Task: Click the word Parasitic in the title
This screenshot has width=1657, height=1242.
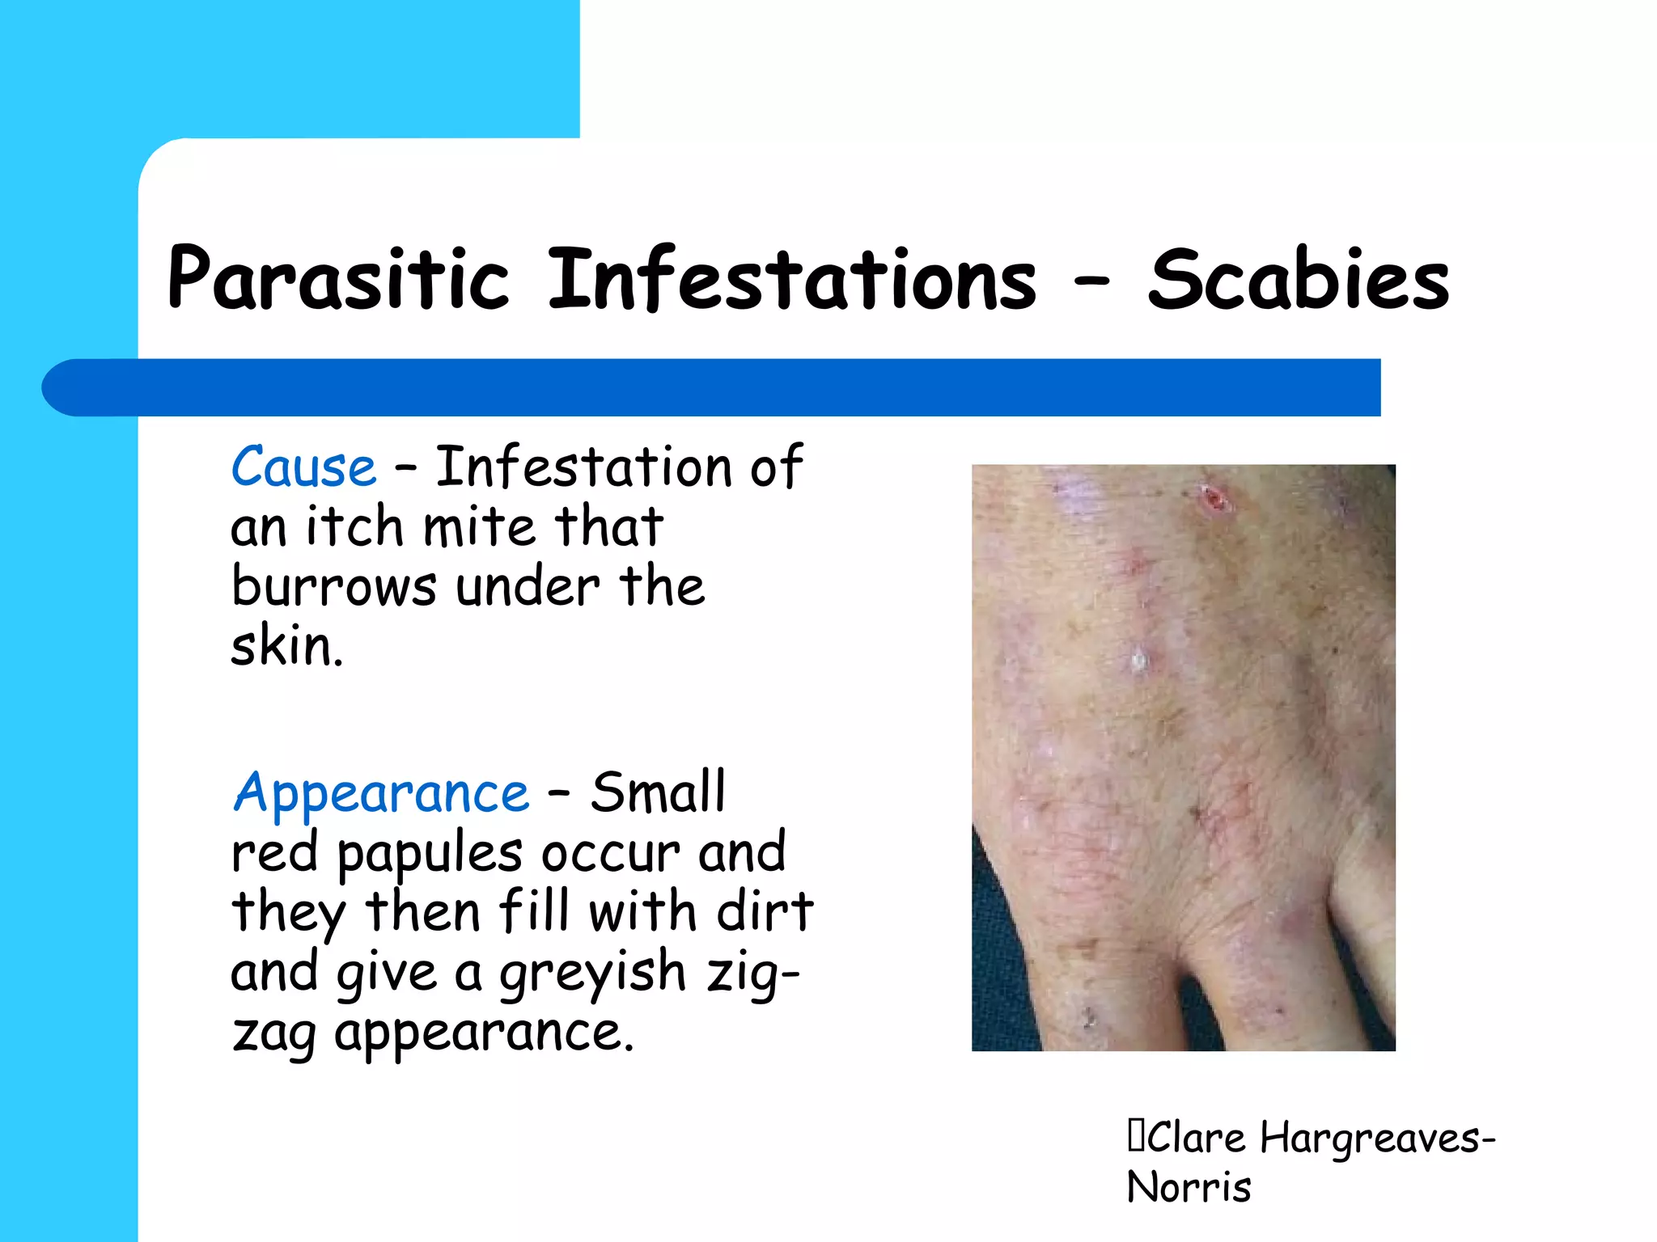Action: point(338,279)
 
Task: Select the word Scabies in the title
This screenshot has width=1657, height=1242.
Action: point(1298,279)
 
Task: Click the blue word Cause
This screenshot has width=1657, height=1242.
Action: point(303,467)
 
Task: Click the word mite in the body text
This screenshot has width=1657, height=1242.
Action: point(479,527)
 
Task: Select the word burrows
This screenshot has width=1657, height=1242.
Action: point(333,586)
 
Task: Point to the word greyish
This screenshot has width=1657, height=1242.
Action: point(591,974)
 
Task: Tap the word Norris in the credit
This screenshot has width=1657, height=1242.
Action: point(1189,1187)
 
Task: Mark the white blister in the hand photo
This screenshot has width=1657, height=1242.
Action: point(1139,661)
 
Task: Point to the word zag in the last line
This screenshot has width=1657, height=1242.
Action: point(273,1034)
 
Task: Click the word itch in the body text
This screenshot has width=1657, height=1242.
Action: point(354,527)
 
